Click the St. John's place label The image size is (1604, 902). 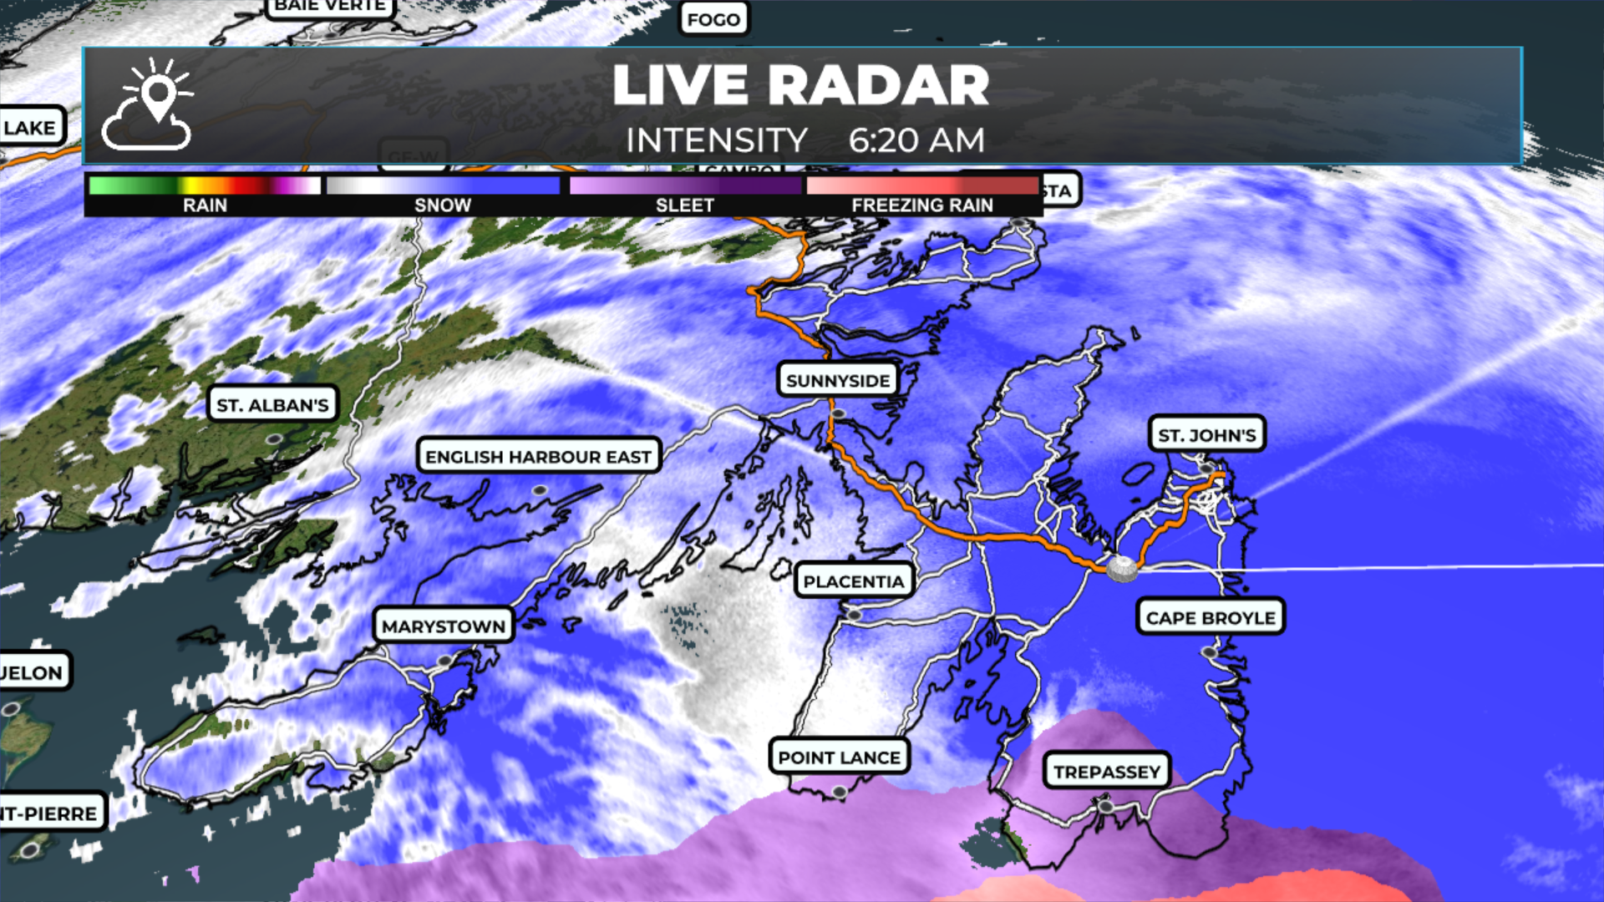pyautogui.click(x=1206, y=435)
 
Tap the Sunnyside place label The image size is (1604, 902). pyautogui.click(x=838, y=381)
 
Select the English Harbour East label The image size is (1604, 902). pyautogui.click(x=538, y=457)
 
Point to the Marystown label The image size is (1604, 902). pyautogui.click(x=443, y=626)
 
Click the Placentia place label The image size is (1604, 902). pyautogui.click(x=854, y=581)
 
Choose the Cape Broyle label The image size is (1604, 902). pyautogui.click(x=1211, y=618)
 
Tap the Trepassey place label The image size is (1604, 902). pyautogui.click(x=1107, y=772)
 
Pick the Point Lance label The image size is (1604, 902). pyautogui.click(x=839, y=758)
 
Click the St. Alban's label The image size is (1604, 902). pyautogui.click(x=272, y=405)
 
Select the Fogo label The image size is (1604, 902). pyautogui.click(x=713, y=19)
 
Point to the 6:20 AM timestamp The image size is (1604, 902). pyautogui.click(x=916, y=140)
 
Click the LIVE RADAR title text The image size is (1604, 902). pyautogui.click(x=800, y=85)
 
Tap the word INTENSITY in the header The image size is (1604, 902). pyautogui.click(x=716, y=140)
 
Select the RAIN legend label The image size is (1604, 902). pyautogui.click(x=205, y=205)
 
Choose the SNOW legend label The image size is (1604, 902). pyautogui.click(x=443, y=205)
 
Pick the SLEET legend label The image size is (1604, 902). pyautogui.click(x=684, y=205)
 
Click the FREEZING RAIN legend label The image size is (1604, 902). pyautogui.click(x=922, y=205)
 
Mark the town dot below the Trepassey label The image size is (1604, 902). pyautogui.click(x=1106, y=807)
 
